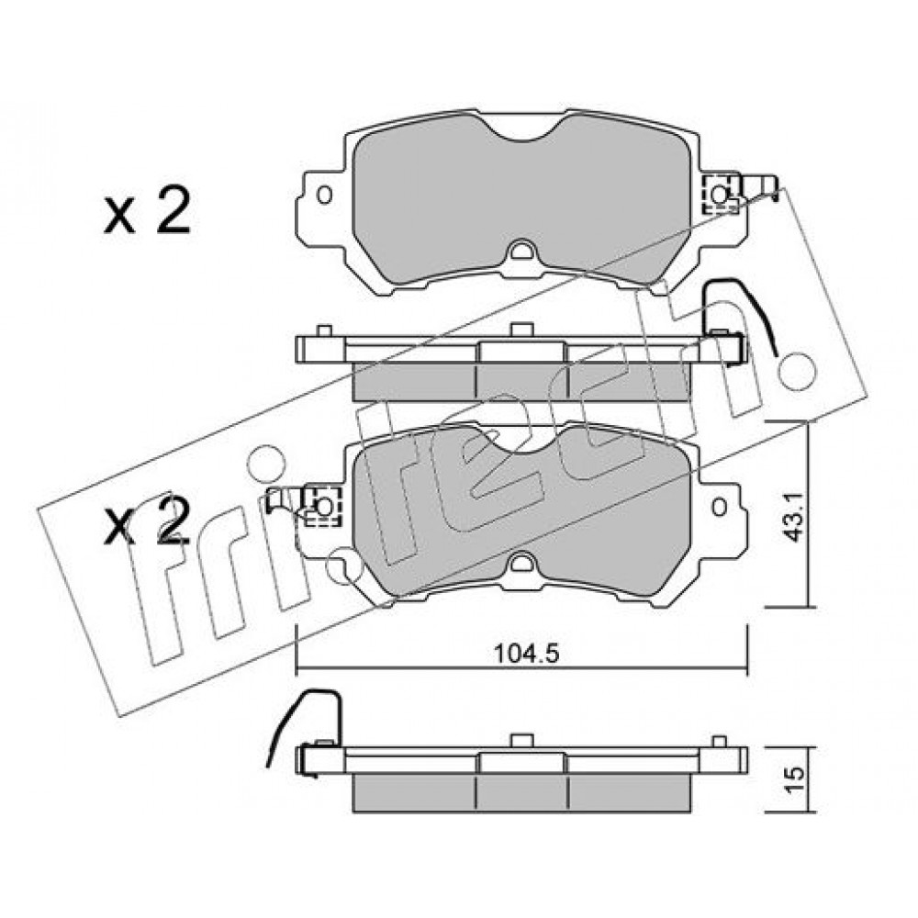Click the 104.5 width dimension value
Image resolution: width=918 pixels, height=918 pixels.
(527, 653)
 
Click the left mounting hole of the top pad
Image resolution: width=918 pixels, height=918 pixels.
(324, 195)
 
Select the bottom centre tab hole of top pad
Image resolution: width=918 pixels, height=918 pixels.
(520, 252)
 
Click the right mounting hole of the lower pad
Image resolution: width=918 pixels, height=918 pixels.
(720, 506)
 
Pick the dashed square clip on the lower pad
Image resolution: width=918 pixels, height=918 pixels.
(321, 505)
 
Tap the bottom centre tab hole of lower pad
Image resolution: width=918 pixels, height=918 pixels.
(520, 565)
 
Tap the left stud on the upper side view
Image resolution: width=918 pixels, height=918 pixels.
(324, 330)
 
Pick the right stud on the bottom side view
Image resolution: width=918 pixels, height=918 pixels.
(720, 741)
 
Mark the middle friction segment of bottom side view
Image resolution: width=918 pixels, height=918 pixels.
(522, 793)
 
